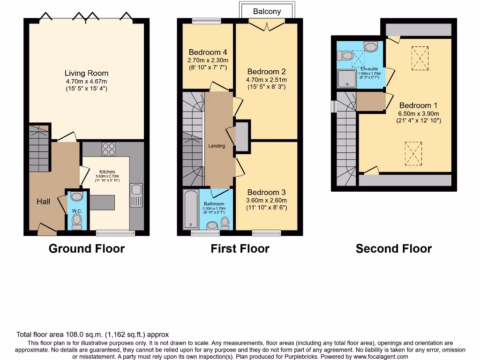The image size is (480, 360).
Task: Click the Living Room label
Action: click(x=86, y=73)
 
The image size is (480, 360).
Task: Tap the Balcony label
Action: click(x=267, y=11)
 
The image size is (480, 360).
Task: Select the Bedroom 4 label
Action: click(x=208, y=52)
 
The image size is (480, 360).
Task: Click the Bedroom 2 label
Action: click(x=267, y=72)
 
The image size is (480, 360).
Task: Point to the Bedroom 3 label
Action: click(x=267, y=192)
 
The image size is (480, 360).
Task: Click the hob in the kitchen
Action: click(x=109, y=149)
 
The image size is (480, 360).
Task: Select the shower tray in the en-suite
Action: click(x=347, y=79)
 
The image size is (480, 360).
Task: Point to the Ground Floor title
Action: click(x=87, y=248)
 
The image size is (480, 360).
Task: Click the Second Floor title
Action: click(x=393, y=248)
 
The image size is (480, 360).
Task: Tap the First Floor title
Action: click(x=240, y=248)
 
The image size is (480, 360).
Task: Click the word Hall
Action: click(x=44, y=202)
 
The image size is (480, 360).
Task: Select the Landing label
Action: click(x=217, y=146)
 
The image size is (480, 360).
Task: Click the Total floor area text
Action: click(x=92, y=335)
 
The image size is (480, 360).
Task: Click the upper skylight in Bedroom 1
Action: click(x=419, y=59)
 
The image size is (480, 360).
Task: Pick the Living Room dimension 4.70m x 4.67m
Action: click(x=86, y=81)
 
